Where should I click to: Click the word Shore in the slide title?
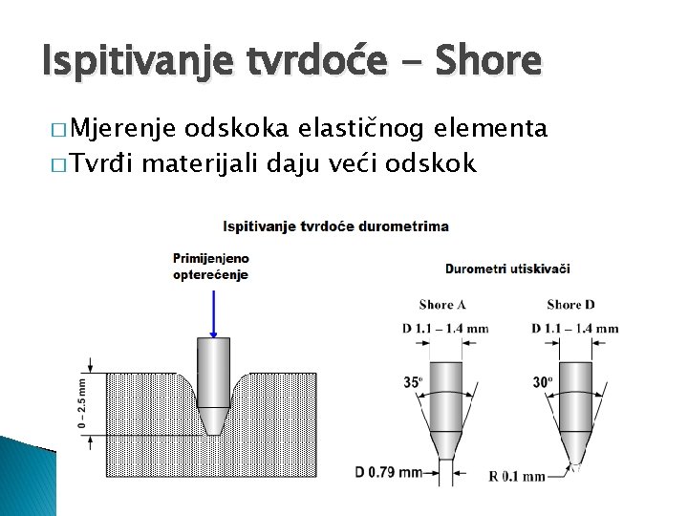pos(486,61)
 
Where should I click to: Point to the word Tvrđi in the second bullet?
pos(106,163)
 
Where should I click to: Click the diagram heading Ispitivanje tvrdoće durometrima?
pos(335,226)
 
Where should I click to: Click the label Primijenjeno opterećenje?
pos(210,266)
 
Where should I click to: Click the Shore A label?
pos(442,305)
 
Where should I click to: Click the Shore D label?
pos(570,305)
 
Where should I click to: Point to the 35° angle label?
pos(413,381)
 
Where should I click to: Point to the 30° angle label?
pos(542,381)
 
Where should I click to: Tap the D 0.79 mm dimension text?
pos(388,472)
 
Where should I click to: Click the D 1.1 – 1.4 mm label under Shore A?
pos(444,329)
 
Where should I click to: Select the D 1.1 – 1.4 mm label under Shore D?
pos(574,329)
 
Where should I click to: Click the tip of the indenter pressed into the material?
pos(212,432)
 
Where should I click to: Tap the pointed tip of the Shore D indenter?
pos(575,467)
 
